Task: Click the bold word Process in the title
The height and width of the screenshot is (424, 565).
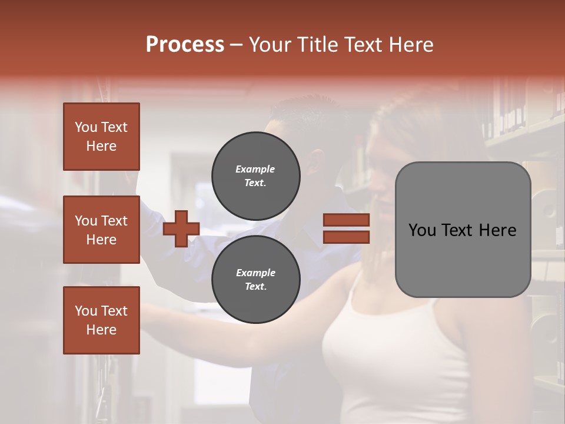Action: [x=185, y=45]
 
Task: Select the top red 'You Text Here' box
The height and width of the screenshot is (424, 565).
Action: [x=101, y=137]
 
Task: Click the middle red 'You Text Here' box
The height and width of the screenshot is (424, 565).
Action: [x=101, y=230]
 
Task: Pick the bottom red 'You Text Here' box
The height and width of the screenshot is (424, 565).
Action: [x=101, y=320]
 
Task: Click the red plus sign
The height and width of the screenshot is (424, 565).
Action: [x=181, y=228]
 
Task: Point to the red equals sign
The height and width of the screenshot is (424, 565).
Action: [x=346, y=228]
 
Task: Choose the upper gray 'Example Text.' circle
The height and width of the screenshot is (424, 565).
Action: [x=255, y=175]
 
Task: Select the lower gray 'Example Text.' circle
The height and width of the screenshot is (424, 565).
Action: [x=255, y=279]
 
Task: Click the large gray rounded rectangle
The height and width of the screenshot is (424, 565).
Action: [x=463, y=259]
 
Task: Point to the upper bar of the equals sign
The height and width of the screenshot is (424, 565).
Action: [x=346, y=220]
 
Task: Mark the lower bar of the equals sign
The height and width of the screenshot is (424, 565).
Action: [x=346, y=237]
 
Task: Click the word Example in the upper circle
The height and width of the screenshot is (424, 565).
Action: [x=255, y=169]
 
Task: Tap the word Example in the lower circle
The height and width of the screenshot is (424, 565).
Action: [x=255, y=273]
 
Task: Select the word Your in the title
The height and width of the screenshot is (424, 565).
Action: [x=268, y=45]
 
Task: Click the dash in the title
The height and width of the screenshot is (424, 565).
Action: [x=236, y=45]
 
